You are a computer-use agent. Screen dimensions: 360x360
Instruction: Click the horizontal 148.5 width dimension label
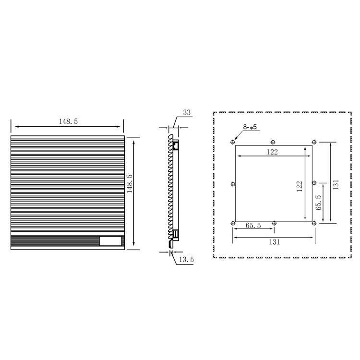69,121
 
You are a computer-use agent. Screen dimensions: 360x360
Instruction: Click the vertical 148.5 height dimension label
130,184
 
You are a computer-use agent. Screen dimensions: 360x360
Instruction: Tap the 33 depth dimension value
187,112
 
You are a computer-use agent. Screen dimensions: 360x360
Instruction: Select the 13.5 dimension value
186,260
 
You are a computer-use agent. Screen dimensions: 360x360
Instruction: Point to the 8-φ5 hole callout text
250,127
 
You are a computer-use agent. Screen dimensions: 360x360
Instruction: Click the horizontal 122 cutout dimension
272,152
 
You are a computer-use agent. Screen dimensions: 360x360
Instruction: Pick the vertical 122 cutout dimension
300,186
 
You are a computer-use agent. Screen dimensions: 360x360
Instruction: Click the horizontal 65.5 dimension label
253,226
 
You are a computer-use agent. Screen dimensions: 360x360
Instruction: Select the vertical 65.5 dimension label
318,203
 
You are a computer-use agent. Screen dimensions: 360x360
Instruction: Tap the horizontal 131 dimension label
275,242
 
